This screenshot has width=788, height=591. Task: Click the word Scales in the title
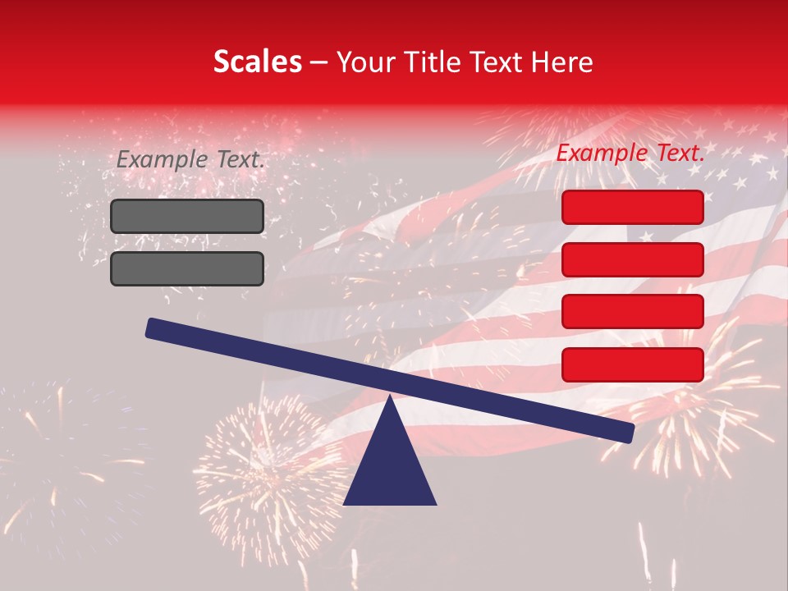coord(257,62)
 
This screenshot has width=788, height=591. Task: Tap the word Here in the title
coord(563,62)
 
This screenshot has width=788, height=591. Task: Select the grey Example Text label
coord(190,160)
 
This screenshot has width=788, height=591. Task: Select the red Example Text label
coord(630,153)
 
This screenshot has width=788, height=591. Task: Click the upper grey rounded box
coord(187,216)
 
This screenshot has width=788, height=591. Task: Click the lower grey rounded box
coord(187,268)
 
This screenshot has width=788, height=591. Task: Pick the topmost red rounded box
coord(632,207)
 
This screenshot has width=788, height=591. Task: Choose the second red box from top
coord(632,259)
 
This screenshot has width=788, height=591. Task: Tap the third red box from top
coord(632,311)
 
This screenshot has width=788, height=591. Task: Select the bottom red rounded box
coord(632,364)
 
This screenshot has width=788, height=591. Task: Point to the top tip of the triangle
coord(390,398)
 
